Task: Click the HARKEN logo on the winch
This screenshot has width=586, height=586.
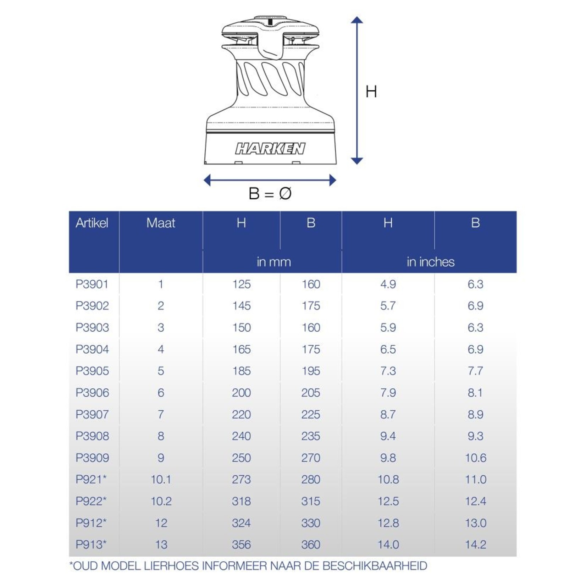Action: point(270,149)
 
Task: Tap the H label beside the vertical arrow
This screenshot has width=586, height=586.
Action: point(371,92)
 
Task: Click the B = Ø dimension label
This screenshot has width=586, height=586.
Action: point(270,194)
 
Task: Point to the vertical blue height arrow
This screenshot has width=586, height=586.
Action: point(357,90)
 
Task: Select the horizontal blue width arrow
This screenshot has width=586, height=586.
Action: point(270,180)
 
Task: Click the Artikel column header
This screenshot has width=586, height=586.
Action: point(92,223)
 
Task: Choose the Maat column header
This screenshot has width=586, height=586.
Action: point(161,223)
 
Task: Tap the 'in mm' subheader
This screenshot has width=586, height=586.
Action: point(273,262)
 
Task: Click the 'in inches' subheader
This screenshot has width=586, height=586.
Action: point(430,262)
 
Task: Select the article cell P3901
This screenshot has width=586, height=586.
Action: point(92,284)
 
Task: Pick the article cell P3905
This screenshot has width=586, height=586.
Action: point(92,371)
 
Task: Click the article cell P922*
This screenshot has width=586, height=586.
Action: point(91,501)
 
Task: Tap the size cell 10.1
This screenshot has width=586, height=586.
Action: point(161,480)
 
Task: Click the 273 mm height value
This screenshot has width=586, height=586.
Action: point(241,480)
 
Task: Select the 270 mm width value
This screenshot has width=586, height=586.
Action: point(311,458)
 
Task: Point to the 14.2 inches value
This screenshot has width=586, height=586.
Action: point(475,544)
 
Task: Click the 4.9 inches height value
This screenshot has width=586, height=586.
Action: point(388,284)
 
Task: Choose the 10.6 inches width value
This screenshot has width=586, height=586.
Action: point(475,458)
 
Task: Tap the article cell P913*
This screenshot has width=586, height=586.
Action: point(91,544)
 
